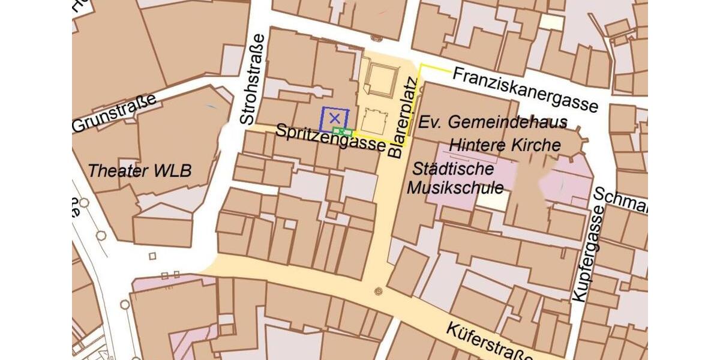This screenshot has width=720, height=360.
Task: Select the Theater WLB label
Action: pyautogui.click(x=139, y=170)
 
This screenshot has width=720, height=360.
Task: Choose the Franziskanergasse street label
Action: pyautogui.click(x=525, y=89)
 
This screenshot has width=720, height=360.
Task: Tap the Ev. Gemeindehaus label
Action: pyautogui.click(x=493, y=123)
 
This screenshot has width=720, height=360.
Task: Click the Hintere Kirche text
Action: pyautogui.click(x=505, y=145)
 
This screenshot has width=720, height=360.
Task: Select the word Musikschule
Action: pyautogui.click(x=456, y=187)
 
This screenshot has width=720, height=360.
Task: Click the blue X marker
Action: pyautogui.click(x=334, y=118)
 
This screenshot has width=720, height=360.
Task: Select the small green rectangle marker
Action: pyautogui.click(x=342, y=131)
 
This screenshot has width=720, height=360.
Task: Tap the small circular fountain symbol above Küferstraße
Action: pyautogui.click(x=378, y=292)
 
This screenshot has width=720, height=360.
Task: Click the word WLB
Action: pyautogui.click(x=173, y=170)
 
